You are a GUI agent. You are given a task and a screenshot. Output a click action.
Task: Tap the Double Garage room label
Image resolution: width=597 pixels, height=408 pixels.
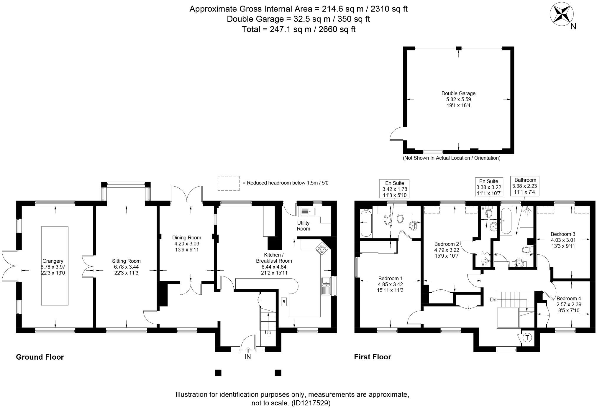[458, 93]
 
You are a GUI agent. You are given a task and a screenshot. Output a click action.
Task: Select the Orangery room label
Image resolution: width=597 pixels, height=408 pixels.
[53, 261]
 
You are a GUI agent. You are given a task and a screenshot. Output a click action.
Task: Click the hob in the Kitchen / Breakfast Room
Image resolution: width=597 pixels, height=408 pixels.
[322, 249]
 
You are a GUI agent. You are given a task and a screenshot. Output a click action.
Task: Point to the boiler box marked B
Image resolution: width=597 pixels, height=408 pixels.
[284, 302]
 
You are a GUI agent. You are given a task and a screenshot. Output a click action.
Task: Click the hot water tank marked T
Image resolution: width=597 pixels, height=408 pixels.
[527, 337]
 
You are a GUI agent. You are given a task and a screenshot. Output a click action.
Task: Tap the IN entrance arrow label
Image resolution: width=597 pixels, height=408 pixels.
[248, 357]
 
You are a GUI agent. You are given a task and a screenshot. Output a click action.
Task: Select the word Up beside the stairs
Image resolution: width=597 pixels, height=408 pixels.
[268, 333]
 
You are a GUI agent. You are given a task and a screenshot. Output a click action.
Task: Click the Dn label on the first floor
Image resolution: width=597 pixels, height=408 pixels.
[493, 300]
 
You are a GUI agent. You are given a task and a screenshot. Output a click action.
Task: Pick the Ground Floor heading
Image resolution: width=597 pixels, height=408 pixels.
[40, 357]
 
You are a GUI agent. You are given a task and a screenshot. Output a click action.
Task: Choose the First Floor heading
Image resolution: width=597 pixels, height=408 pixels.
[373, 357]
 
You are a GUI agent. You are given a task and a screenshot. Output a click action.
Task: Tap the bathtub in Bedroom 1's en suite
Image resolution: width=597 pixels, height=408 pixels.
[366, 223]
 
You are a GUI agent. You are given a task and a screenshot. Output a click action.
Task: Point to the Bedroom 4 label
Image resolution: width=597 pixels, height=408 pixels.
[569, 298]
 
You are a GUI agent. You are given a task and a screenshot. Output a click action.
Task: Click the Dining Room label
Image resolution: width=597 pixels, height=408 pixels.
[187, 238]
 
